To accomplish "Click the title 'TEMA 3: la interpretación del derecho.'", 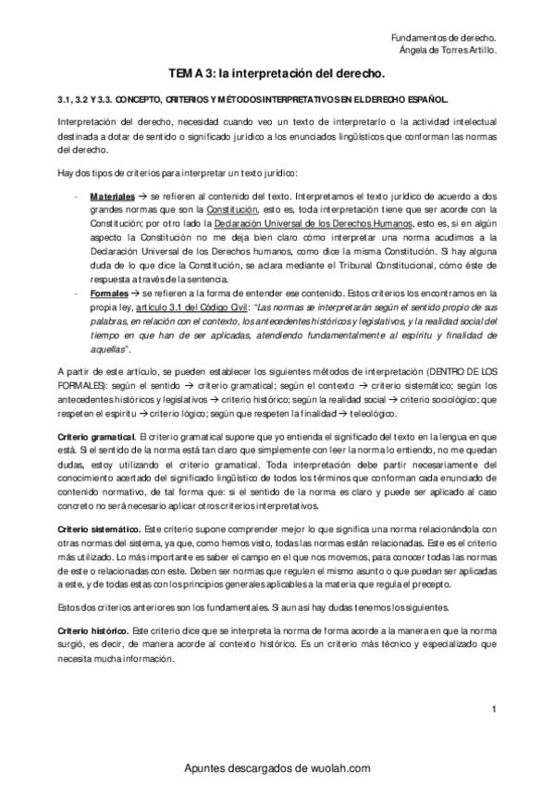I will coord(277,71).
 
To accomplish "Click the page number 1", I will coord(495,710).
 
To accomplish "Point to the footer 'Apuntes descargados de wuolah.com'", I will coord(277,767).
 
